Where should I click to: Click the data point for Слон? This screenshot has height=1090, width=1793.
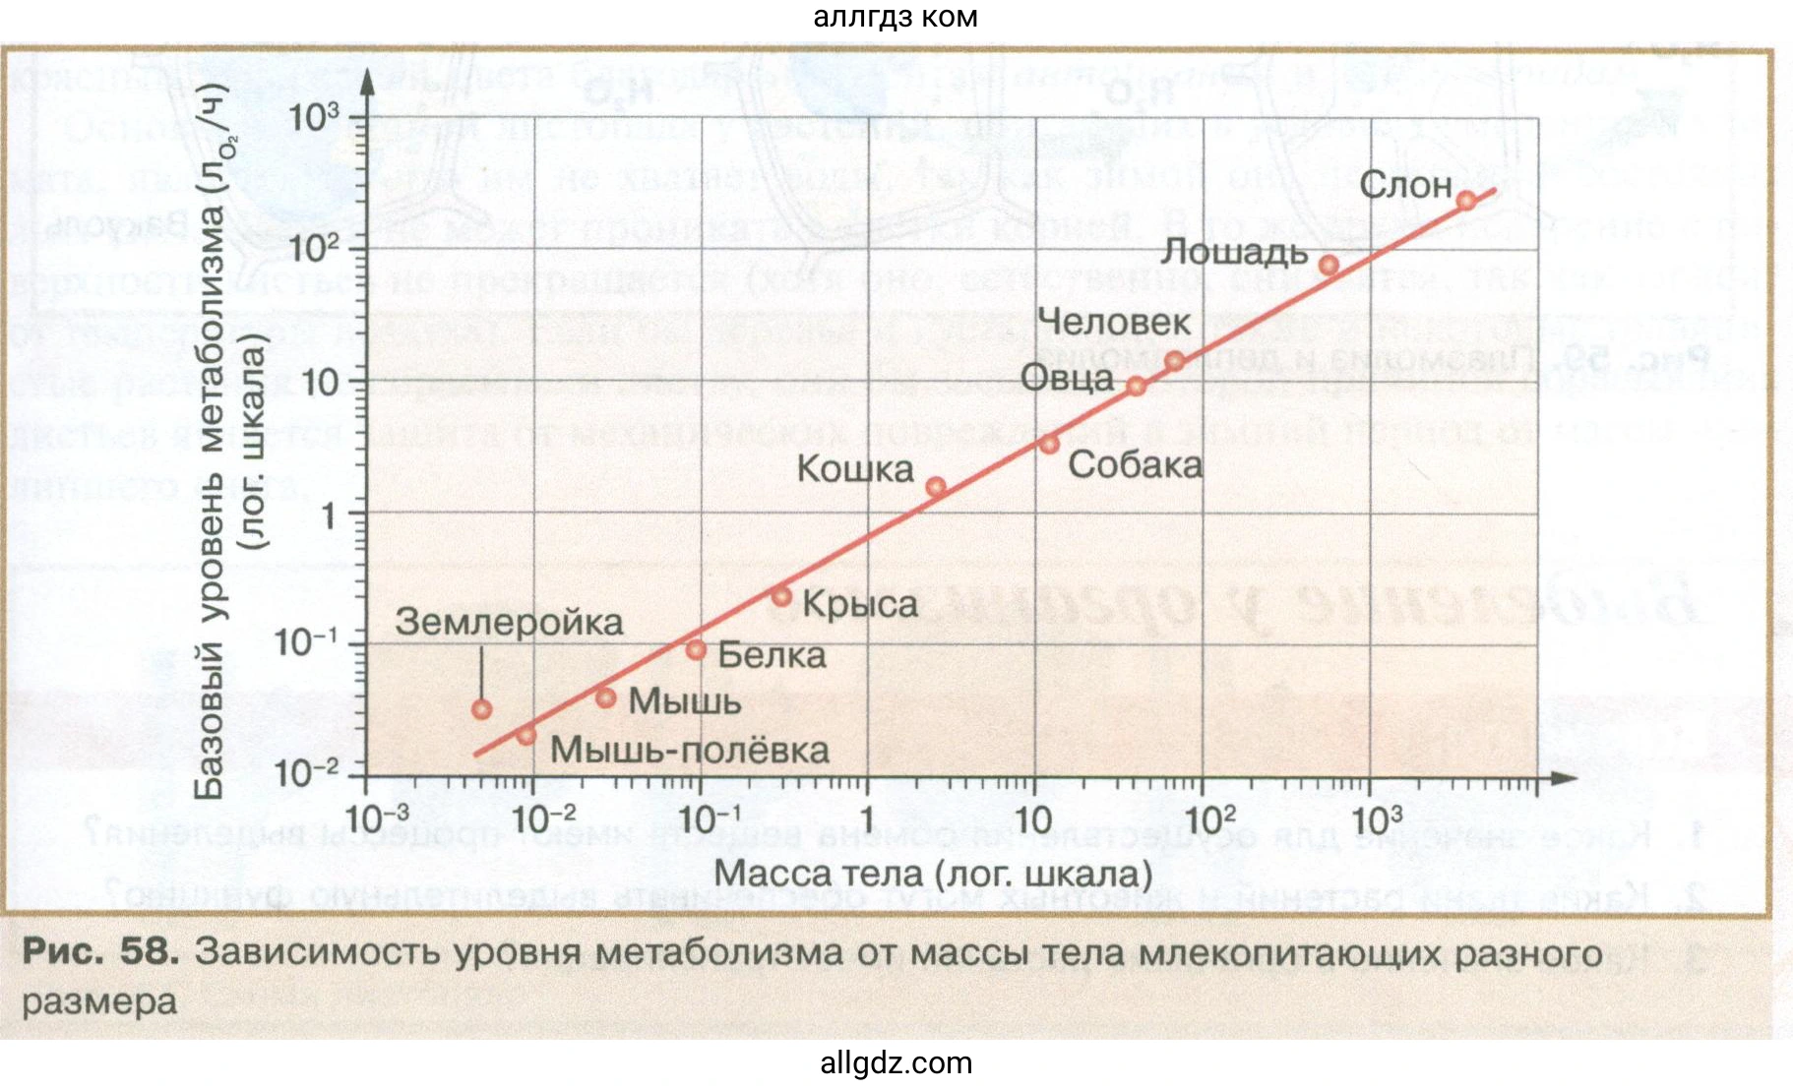(1466, 201)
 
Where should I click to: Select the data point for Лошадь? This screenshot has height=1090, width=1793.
(1329, 266)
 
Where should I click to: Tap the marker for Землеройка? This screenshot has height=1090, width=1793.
(481, 709)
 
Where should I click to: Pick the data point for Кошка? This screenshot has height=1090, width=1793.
(936, 487)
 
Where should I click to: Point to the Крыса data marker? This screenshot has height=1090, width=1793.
(781, 596)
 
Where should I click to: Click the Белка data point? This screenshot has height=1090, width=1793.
(696, 650)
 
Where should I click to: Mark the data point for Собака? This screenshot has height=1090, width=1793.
(1049, 445)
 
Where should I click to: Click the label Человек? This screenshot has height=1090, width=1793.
(1114, 322)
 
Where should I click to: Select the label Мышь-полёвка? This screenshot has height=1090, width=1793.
(689, 751)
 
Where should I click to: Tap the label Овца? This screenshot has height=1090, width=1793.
(1067, 378)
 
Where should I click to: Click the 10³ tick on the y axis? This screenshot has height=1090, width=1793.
(314, 118)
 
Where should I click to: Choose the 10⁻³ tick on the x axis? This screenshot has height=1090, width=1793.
(377, 817)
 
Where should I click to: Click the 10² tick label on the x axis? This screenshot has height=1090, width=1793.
(1209, 817)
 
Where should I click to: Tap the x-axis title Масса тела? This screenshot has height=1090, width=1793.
(932, 873)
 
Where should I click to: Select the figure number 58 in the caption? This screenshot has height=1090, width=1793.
(149, 952)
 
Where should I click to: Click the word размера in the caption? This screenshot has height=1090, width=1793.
(99, 1002)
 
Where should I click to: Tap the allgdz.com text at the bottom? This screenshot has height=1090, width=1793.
(896, 1063)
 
